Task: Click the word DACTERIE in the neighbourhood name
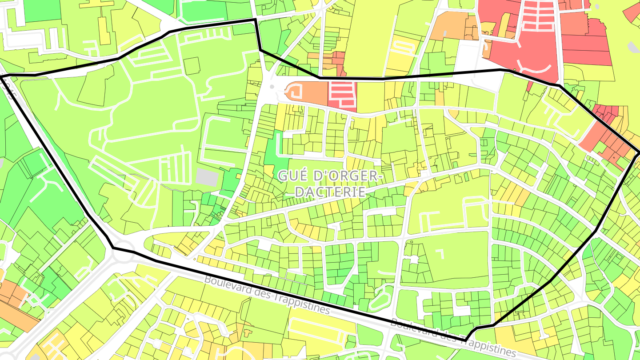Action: coord(330,192)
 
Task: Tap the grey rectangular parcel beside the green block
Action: coord(207,177)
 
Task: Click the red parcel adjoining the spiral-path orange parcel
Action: coord(342,96)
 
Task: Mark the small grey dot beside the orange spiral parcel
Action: coord(272,86)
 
